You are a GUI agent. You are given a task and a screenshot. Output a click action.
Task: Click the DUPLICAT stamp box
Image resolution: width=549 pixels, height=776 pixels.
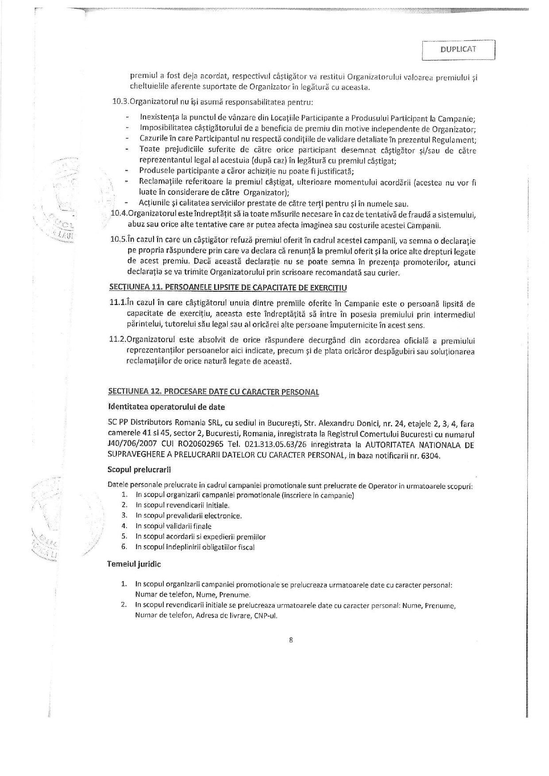[x=458, y=50]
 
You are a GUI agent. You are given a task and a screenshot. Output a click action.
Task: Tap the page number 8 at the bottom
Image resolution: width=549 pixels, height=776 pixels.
[x=291, y=640]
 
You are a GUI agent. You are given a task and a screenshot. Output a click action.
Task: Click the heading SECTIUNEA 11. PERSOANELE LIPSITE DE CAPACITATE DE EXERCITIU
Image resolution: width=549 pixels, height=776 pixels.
[x=228, y=288]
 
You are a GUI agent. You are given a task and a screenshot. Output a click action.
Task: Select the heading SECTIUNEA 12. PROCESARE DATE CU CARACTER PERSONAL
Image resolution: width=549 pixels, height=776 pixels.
[x=213, y=392]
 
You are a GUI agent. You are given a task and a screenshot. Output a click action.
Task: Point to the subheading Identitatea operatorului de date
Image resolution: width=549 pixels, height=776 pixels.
[x=166, y=407]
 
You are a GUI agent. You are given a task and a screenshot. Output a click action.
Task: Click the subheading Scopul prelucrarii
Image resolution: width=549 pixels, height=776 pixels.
[x=139, y=469]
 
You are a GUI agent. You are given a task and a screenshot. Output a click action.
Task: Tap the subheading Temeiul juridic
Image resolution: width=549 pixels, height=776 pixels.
[x=134, y=564]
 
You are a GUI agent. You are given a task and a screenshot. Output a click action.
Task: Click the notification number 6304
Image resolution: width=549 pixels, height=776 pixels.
[x=430, y=456]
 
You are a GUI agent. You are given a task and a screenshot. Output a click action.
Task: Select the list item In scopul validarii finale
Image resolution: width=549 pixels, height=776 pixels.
[x=174, y=526]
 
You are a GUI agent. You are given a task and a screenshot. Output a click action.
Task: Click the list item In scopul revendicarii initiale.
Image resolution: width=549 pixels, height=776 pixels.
[x=182, y=505]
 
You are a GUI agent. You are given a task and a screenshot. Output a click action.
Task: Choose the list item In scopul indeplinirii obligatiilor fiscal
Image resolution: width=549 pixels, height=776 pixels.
[x=195, y=547]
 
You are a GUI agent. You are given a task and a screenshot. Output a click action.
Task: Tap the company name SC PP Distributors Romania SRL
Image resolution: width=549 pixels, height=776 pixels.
[x=165, y=424]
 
